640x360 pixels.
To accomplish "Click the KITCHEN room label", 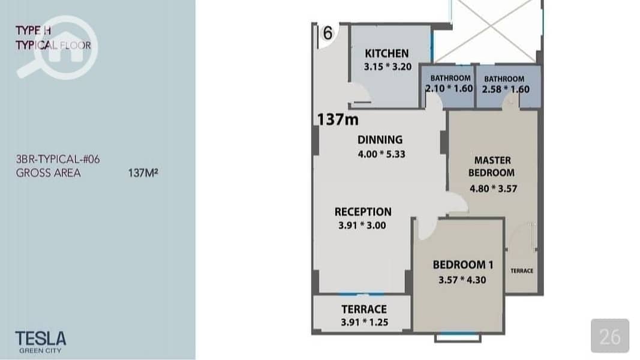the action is click(386, 53).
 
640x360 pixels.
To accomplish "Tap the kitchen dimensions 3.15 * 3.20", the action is click(387, 67).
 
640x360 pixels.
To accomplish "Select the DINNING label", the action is click(380, 140).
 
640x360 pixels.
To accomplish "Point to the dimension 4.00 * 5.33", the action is click(381, 154).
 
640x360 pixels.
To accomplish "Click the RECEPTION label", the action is click(363, 212).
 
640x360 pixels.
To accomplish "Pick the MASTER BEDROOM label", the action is click(492, 167).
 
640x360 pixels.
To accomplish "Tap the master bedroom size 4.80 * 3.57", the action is click(494, 189).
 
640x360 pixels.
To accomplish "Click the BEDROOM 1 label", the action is click(463, 265).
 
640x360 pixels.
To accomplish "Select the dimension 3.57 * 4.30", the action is click(462, 280).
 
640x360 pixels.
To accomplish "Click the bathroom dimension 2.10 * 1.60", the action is click(449, 89).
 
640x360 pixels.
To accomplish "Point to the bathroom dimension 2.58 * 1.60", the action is click(506, 89).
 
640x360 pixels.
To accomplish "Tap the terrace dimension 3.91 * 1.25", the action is click(365, 322).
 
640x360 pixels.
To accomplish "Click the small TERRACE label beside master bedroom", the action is click(522, 271).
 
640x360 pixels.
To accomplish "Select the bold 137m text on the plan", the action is click(338, 119).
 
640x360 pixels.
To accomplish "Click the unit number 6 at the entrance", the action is click(327, 33).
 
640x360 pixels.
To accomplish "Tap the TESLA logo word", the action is click(40, 339).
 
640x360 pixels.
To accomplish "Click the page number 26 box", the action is click(610, 336).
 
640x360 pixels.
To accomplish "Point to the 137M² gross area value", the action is click(143, 173).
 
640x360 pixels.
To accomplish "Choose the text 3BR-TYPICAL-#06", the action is click(58, 159).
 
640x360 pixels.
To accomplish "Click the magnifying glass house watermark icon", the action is click(57, 47).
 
